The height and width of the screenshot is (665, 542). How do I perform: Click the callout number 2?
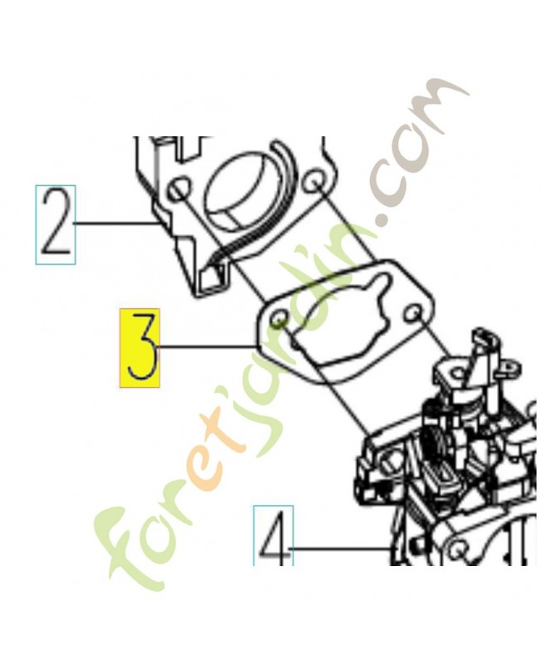56,224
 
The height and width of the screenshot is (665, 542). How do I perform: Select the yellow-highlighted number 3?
140,348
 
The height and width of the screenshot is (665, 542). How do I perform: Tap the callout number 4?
273,535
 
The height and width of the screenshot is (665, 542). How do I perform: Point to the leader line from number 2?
116,223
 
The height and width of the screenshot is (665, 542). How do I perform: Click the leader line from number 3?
205,347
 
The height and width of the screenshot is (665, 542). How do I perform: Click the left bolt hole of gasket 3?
278,319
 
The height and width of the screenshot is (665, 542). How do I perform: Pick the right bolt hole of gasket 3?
412,313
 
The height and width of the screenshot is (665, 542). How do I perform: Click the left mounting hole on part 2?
179,190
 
